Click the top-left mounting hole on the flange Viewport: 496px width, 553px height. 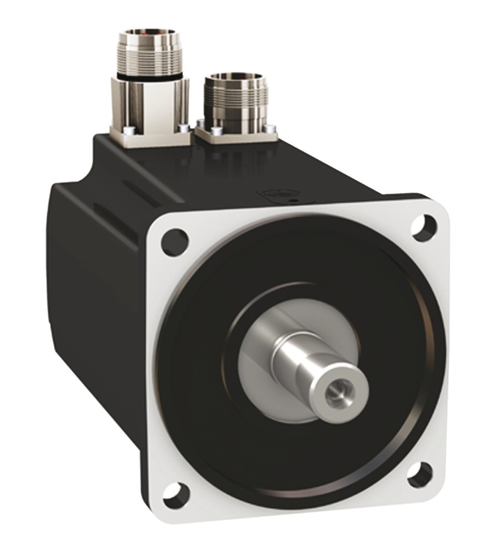pyautogui.click(x=175, y=241)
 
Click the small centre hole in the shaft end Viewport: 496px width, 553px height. pyautogui.click(x=334, y=392)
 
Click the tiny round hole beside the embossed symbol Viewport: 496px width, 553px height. pyautogui.click(x=294, y=200)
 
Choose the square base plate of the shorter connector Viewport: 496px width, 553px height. pyautogui.click(x=235, y=135)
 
